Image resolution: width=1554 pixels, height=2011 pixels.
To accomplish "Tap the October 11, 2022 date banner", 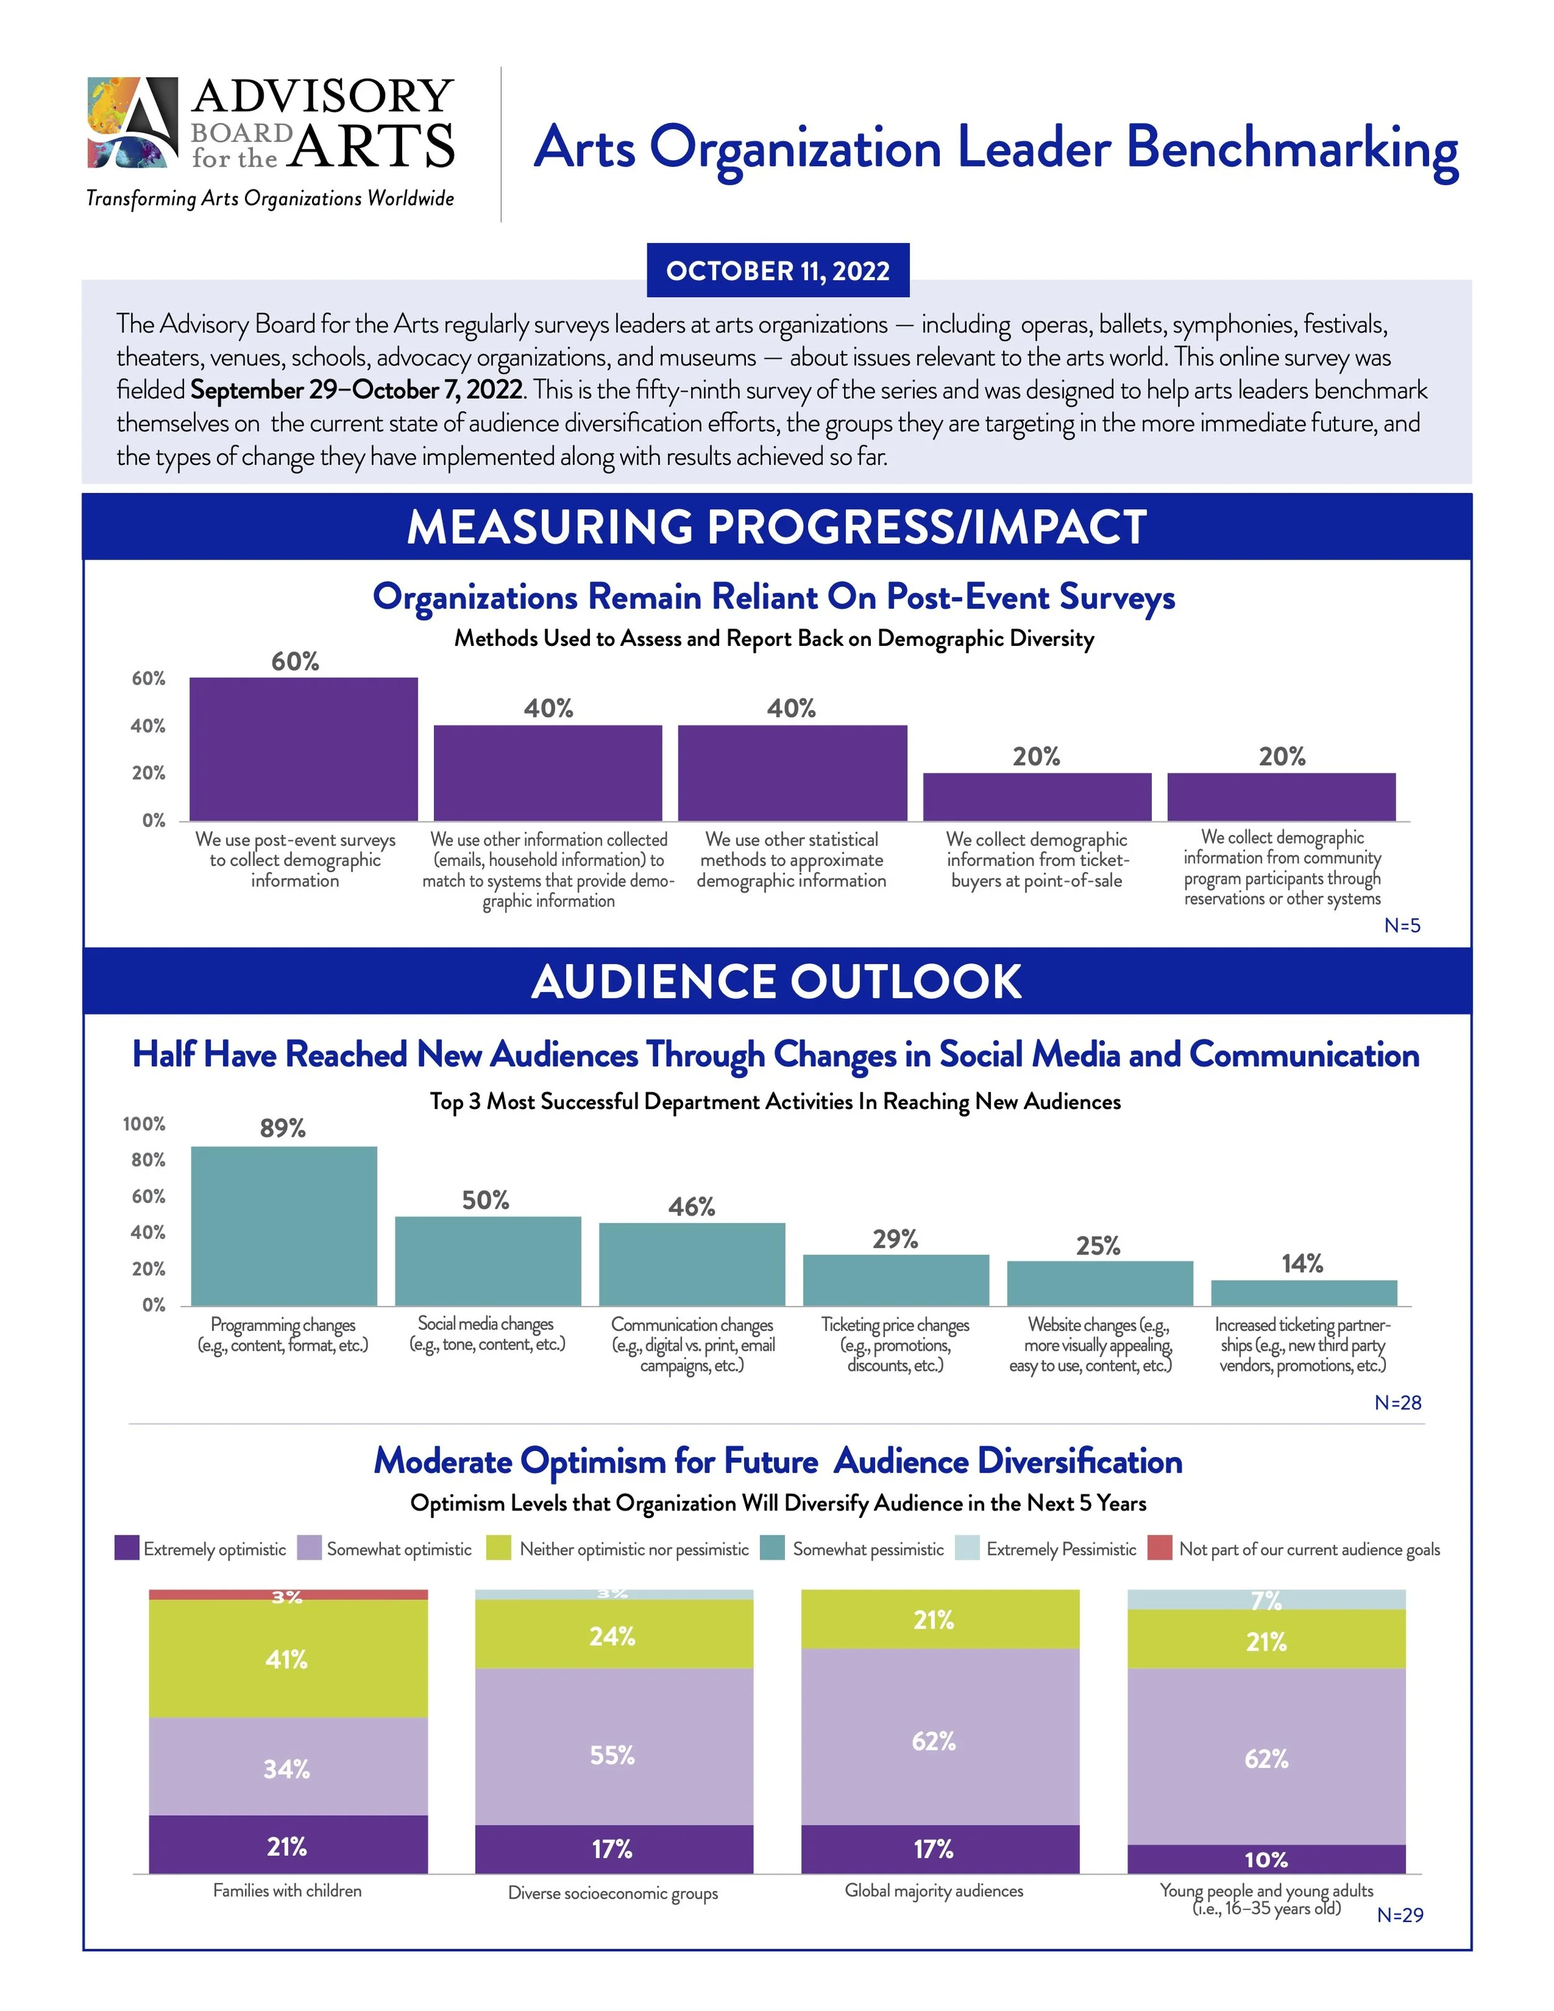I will pyautogui.click(x=778, y=270).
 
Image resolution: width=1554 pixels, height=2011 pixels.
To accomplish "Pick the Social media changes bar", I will pyautogui.click(x=488, y=1261).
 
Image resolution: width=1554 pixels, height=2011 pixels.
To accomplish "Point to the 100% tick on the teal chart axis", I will pyautogui.click(x=145, y=1125).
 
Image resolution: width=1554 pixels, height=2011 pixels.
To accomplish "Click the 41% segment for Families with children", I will pyautogui.click(x=287, y=1659).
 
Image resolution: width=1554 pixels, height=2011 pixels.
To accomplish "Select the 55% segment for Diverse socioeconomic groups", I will pyautogui.click(x=613, y=1754).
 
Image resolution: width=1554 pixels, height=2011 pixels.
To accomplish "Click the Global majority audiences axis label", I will pyautogui.click(x=934, y=1890).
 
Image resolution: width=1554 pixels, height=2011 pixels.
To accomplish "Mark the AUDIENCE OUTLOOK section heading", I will pyautogui.click(x=776, y=982).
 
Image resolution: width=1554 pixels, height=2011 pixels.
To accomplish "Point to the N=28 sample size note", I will pyautogui.click(x=1397, y=1402).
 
